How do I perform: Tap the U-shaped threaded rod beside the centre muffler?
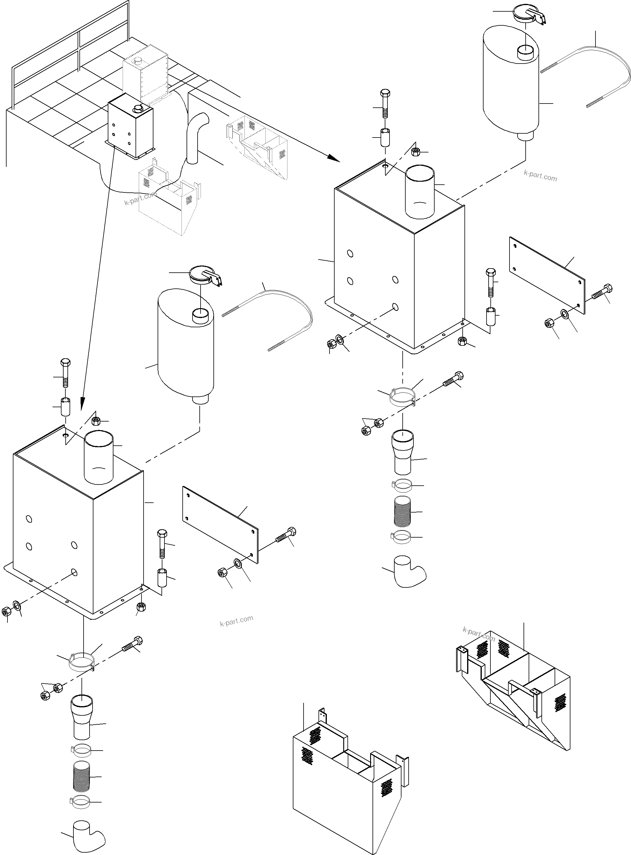tap(290, 305)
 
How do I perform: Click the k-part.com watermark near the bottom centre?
tap(236, 621)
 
